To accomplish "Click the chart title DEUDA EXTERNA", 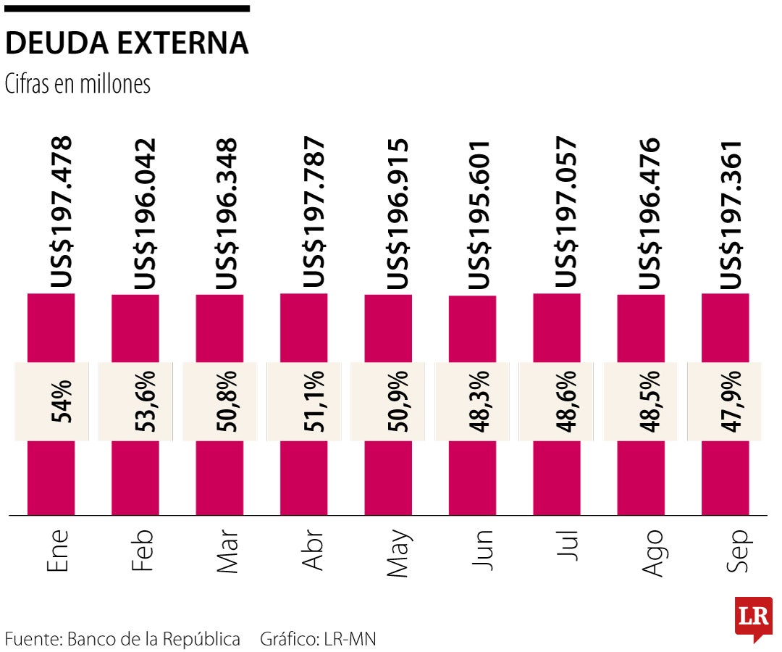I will click(x=127, y=44).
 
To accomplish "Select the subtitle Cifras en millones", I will click(x=77, y=84).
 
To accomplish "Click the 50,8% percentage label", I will click(x=229, y=401).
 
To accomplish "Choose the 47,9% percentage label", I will click(x=733, y=401).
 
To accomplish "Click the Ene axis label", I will click(x=58, y=551).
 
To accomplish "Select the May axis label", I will click(x=398, y=555).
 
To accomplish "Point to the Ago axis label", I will click(x=651, y=553).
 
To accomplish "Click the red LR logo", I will click(x=753, y=618).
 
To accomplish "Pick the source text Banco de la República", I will click(x=154, y=640).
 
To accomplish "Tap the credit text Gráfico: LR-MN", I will click(x=319, y=640).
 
